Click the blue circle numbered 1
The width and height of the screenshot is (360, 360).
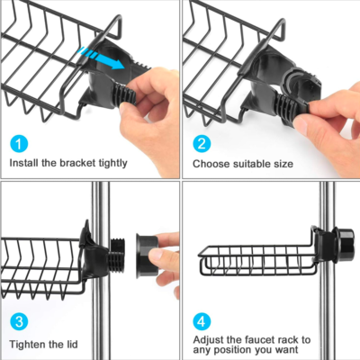(19, 144)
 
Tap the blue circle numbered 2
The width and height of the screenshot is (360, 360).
(202, 144)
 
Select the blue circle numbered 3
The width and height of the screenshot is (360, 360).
(19, 321)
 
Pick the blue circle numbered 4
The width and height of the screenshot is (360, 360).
(202, 321)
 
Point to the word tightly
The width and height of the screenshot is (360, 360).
(112, 164)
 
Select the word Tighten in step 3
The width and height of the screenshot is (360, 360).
(27, 345)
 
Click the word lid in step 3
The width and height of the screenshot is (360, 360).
(72, 344)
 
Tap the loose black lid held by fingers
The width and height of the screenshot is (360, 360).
(147, 256)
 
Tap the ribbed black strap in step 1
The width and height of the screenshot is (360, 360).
(124, 94)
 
